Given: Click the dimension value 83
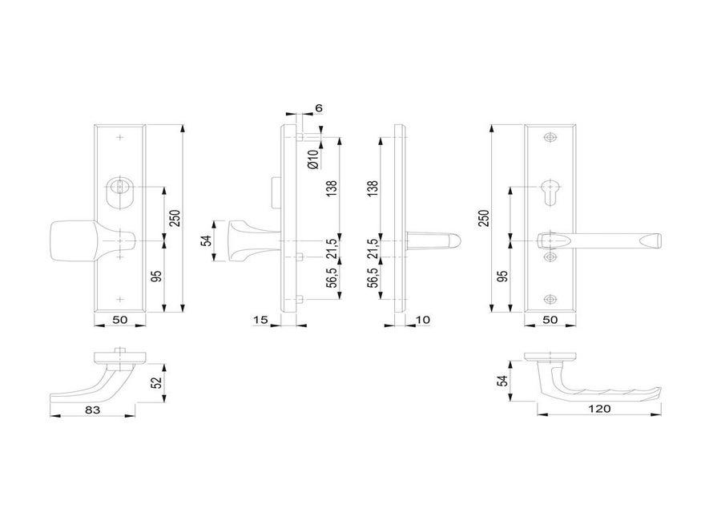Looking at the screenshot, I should pos(92,409).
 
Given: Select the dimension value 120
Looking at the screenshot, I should pos(599,409).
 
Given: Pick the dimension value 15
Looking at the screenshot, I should pos(260,320).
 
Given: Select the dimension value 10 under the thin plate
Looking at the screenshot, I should pos(425,320).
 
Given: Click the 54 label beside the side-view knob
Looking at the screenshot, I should pos(205,240).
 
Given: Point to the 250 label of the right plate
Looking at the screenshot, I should pos(482,217).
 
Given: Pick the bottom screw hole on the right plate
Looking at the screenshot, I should pos(549,300).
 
